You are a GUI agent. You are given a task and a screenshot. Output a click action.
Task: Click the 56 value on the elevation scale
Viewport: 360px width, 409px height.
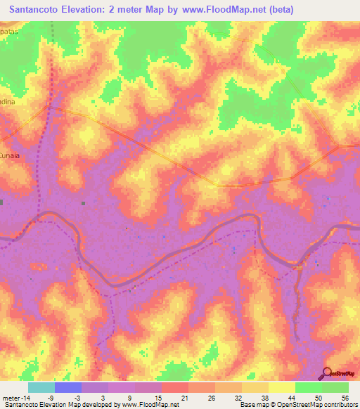[x=344, y=398]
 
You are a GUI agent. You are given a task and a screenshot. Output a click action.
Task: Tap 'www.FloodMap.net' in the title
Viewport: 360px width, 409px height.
[x=211, y=10]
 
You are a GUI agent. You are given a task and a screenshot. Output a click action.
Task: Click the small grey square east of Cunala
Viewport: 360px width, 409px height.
[x=82, y=203]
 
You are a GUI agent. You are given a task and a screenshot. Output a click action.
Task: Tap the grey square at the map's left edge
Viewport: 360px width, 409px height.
[x=1, y=202]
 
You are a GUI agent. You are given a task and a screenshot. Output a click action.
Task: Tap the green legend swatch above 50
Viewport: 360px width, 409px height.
[x=309, y=387]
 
